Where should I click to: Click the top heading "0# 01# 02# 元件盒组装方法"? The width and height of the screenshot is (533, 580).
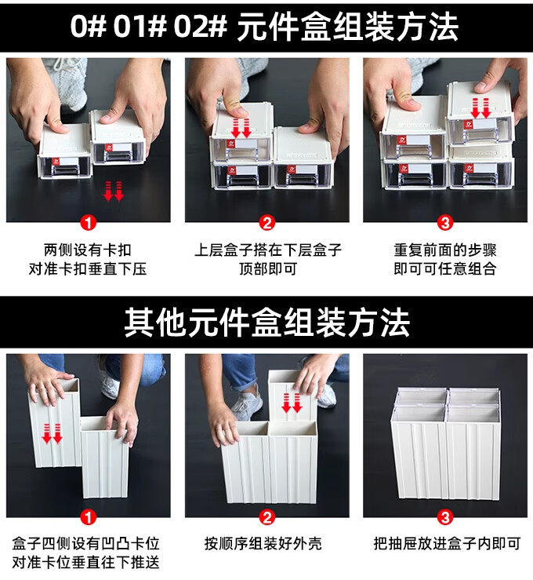point(264,27)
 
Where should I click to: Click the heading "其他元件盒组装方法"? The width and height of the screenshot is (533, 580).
point(266,323)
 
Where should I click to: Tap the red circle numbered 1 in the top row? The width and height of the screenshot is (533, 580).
point(89,223)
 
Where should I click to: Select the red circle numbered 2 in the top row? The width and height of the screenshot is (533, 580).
point(267,223)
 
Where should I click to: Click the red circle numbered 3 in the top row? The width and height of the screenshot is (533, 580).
point(445,223)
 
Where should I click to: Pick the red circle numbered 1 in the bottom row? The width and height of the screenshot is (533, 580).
point(89,517)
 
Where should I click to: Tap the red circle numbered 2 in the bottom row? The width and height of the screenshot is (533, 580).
point(267,517)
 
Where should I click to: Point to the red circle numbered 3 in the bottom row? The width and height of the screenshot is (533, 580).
point(445,517)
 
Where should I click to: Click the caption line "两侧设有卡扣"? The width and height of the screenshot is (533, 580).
point(88,250)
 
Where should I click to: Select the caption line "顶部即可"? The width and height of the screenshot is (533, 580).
point(268,269)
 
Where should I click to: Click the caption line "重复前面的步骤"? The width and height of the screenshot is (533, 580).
point(445,250)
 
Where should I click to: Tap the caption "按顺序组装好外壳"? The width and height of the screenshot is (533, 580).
point(263,544)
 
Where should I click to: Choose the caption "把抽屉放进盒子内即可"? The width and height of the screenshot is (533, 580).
point(447,544)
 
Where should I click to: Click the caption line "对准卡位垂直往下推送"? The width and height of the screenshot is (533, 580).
point(85,563)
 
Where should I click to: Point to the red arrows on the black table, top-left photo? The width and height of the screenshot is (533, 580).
point(114,191)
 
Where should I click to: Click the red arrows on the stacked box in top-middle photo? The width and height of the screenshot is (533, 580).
point(241,128)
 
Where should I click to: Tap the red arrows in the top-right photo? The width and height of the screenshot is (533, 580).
point(480,108)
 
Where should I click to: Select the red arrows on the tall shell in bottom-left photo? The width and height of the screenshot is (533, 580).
point(52,433)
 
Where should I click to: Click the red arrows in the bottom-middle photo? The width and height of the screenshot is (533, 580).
point(292,403)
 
